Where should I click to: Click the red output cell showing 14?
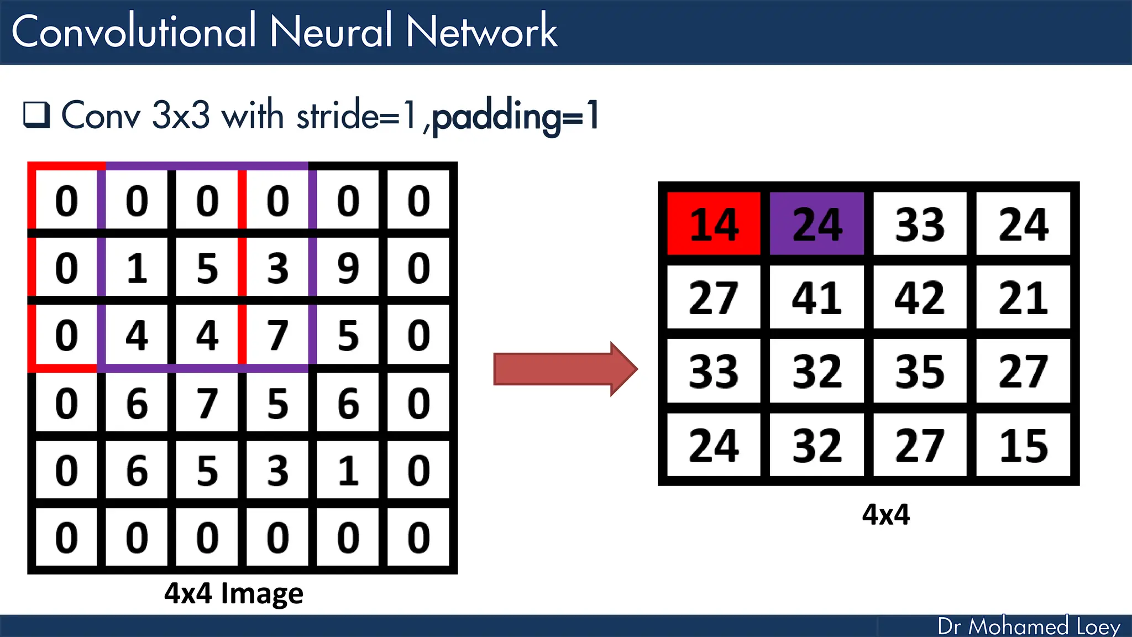point(714,224)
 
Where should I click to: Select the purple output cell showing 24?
point(817,224)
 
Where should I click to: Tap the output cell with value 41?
point(817,297)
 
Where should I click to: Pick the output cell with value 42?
point(920,297)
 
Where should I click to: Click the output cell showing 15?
point(1023,445)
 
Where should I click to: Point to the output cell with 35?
point(920,371)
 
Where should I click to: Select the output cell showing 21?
point(1023,297)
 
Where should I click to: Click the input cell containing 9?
point(348,268)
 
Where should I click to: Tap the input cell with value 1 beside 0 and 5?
point(137,268)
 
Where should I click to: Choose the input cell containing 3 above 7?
point(277,268)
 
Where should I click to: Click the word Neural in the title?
point(331,32)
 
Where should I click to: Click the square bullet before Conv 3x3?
point(36,114)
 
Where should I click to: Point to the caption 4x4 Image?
point(233,593)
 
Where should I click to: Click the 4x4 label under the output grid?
point(885,514)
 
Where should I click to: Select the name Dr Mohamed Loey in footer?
point(1029,626)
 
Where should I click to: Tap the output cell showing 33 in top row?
point(920,224)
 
